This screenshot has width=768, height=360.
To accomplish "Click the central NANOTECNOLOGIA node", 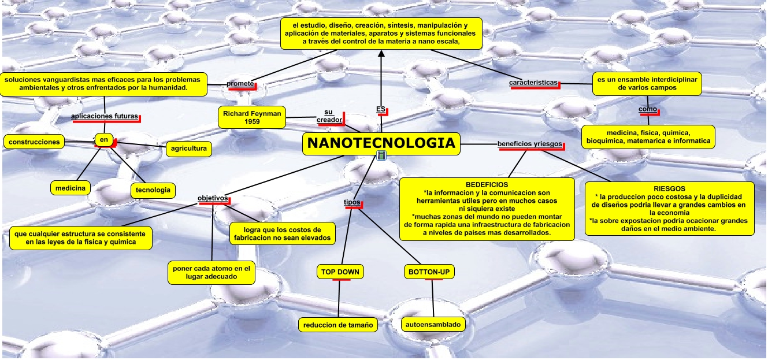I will coord(381,144).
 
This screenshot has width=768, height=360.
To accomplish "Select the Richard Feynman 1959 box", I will coord(252,117).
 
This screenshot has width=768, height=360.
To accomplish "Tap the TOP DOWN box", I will coord(340,272).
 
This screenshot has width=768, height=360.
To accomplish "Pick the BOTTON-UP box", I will coord(429,272).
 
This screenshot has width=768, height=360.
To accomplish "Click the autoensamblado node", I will coord(433,325).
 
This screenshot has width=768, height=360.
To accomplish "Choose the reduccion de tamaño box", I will coord(338,325).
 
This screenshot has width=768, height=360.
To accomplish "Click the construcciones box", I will coord(34,142).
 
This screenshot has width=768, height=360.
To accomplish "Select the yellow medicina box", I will coord(71,188).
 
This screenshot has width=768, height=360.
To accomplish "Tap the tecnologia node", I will coord(153,190).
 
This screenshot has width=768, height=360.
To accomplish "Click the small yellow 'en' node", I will coord(104,139).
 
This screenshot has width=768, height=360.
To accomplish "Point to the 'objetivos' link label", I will coord(212,198).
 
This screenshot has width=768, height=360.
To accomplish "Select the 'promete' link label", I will coord(240,84).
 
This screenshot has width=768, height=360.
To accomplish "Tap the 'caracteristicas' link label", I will coord(533,83).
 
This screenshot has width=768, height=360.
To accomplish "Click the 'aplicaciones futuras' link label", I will coord(105,116).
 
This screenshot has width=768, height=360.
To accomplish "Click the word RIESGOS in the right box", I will coord(669,189).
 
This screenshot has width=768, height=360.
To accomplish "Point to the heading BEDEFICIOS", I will coord(487,184).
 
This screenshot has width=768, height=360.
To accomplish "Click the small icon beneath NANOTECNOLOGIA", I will coord(381,155).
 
